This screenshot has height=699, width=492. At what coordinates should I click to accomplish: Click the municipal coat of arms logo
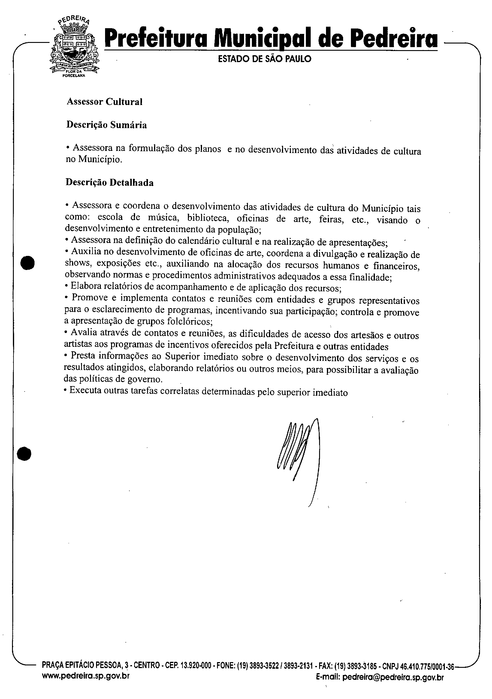[74, 47]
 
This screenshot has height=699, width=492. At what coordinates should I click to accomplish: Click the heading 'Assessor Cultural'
[104, 102]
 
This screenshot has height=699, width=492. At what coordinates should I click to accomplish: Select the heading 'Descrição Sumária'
[107, 125]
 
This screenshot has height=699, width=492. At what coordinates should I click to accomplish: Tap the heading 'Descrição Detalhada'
[110, 183]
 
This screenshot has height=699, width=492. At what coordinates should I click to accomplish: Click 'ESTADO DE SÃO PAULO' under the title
[264, 59]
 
